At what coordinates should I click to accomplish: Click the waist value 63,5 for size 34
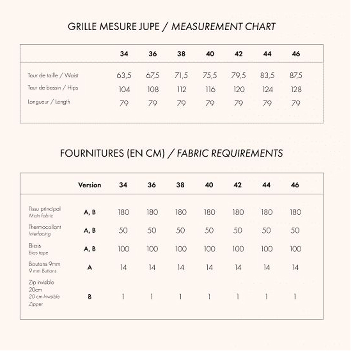pyautogui.click(x=124, y=75)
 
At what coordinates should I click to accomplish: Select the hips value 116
pyautogui.click(x=210, y=89)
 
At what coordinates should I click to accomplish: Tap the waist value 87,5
pyautogui.click(x=296, y=75)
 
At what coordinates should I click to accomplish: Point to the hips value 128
pyautogui.click(x=296, y=89)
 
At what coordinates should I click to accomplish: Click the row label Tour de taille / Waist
pyautogui.click(x=53, y=75)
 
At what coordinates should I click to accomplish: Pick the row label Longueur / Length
pyautogui.click(x=49, y=102)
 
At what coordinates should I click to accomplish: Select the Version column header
pyautogui.click(x=90, y=185)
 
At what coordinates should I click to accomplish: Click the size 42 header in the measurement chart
pyautogui.click(x=238, y=54)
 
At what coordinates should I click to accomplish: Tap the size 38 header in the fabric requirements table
pyautogui.click(x=180, y=185)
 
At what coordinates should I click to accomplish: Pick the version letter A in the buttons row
pyautogui.click(x=90, y=267)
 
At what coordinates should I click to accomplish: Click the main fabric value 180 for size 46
pyautogui.click(x=295, y=212)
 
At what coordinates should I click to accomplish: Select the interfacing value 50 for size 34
pyautogui.click(x=123, y=230)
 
